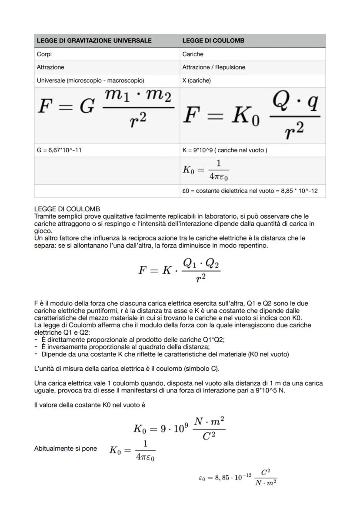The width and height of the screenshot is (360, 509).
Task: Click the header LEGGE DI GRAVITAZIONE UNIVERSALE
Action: pyautogui.click(x=94, y=40)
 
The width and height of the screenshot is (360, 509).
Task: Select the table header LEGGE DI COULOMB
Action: pyautogui.click(x=213, y=40)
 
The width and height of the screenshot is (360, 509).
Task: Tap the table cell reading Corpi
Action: pyautogui.click(x=44, y=54)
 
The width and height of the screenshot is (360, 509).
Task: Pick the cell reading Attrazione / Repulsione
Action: pyautogui.click(x=213, y=67)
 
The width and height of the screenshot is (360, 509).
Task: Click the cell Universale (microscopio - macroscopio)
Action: pyautogui.click(x=90, y=80)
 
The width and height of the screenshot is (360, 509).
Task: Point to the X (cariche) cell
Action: pyautogui.click(x=197, y=80)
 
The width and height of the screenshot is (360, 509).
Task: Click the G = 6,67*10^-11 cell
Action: pyautogui.click(x=59, y=150)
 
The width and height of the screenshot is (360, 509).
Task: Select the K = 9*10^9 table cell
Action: pyautogui.click(x=225, y=150)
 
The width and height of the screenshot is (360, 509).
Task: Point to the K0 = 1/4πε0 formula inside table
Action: pyautogui.click(x=206, y=170)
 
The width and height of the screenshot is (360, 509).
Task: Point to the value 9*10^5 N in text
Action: pyautogui.click(x=271, y=390)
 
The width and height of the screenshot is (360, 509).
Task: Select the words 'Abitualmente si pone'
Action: pyautogui.click(x=65, y=449)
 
